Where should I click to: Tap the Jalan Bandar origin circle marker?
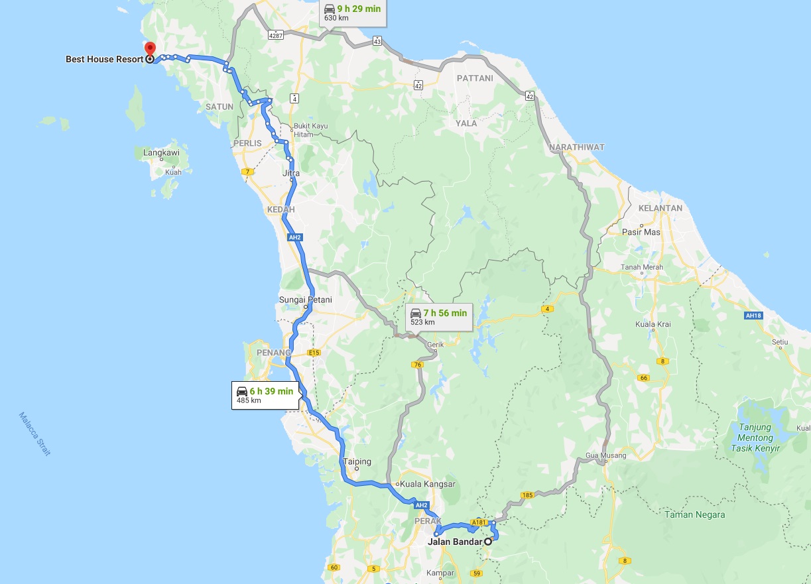[x=488, y=542]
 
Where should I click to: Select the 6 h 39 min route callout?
[x=265, y=395]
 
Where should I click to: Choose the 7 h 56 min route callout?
[x=439, y=317]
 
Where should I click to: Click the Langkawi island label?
[x=161, y=153]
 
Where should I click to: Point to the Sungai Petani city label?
[x=306, y=300]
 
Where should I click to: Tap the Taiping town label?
[x=357, y=461]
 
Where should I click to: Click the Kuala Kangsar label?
[x=428, y=484]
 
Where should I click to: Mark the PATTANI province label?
[x=474, y=78]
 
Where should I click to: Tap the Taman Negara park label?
[x=695, y=514]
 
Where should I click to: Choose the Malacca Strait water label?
[x=34, y=434]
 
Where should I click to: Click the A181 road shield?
[x=479, y=522]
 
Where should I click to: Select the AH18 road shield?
[x=753, y=316]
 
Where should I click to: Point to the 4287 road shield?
[x=276, y=35]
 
